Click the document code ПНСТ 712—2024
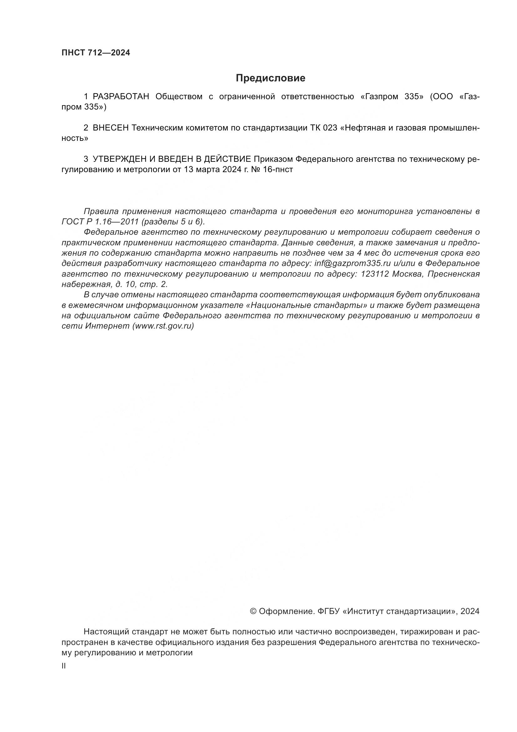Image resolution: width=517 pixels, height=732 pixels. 96,53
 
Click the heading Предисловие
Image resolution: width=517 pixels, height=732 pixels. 270,78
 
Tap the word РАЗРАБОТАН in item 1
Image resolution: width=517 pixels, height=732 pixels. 121,97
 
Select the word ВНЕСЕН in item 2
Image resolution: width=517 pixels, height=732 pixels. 111,128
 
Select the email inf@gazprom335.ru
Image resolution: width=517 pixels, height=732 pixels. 352,263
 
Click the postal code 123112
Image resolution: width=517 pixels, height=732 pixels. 375,274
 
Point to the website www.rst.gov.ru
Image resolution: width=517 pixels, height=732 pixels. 163,326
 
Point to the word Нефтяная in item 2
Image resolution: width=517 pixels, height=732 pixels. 365,128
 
